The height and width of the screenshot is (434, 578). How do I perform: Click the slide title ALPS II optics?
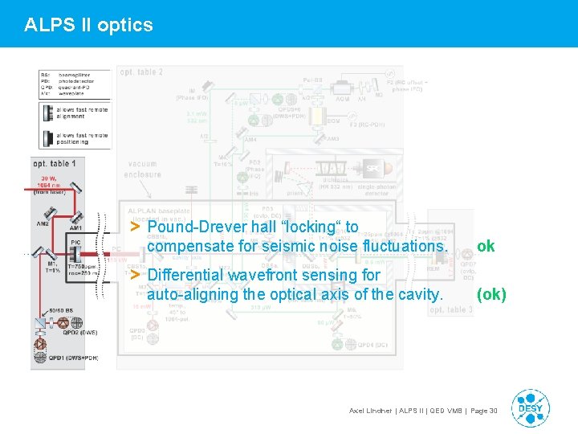coord(88,25)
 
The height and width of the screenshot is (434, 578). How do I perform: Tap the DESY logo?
coord(531,408)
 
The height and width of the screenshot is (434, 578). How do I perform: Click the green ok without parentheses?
coord(486,246)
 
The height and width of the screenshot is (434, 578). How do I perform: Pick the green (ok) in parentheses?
coord(491,294)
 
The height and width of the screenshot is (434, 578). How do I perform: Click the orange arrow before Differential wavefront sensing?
coord(136,275)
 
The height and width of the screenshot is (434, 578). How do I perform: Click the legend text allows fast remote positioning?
coord(83,139)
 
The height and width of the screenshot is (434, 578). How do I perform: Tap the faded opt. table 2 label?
coord(141,72)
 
